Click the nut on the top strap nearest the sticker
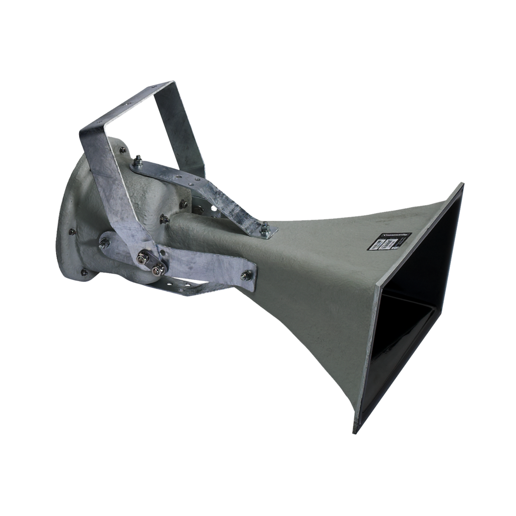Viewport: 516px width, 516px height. point(265,229)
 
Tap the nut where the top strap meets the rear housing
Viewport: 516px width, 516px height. point(137,161)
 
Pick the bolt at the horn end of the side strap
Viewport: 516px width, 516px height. point(246,275)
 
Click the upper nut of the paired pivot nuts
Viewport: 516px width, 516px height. point(143,258)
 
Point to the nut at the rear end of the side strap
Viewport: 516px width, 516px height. point(104,243)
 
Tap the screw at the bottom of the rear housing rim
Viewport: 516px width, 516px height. point(84,272)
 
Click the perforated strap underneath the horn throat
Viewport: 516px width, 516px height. point(186,288)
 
